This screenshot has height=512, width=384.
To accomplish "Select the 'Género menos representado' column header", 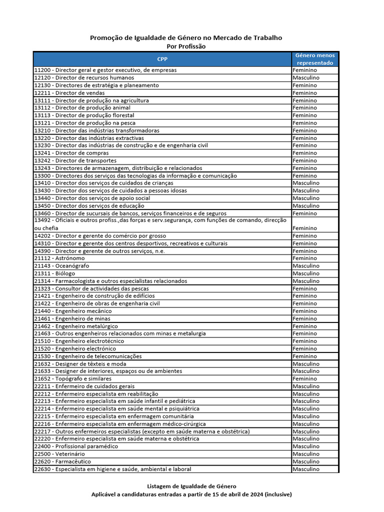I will point(315,59).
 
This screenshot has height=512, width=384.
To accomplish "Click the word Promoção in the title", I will point(105,37).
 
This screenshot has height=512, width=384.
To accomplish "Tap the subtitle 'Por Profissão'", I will point(185,46).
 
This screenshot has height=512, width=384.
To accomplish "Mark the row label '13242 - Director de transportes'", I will point(75,160).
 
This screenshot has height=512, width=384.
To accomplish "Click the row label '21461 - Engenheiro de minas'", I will point(72,318).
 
